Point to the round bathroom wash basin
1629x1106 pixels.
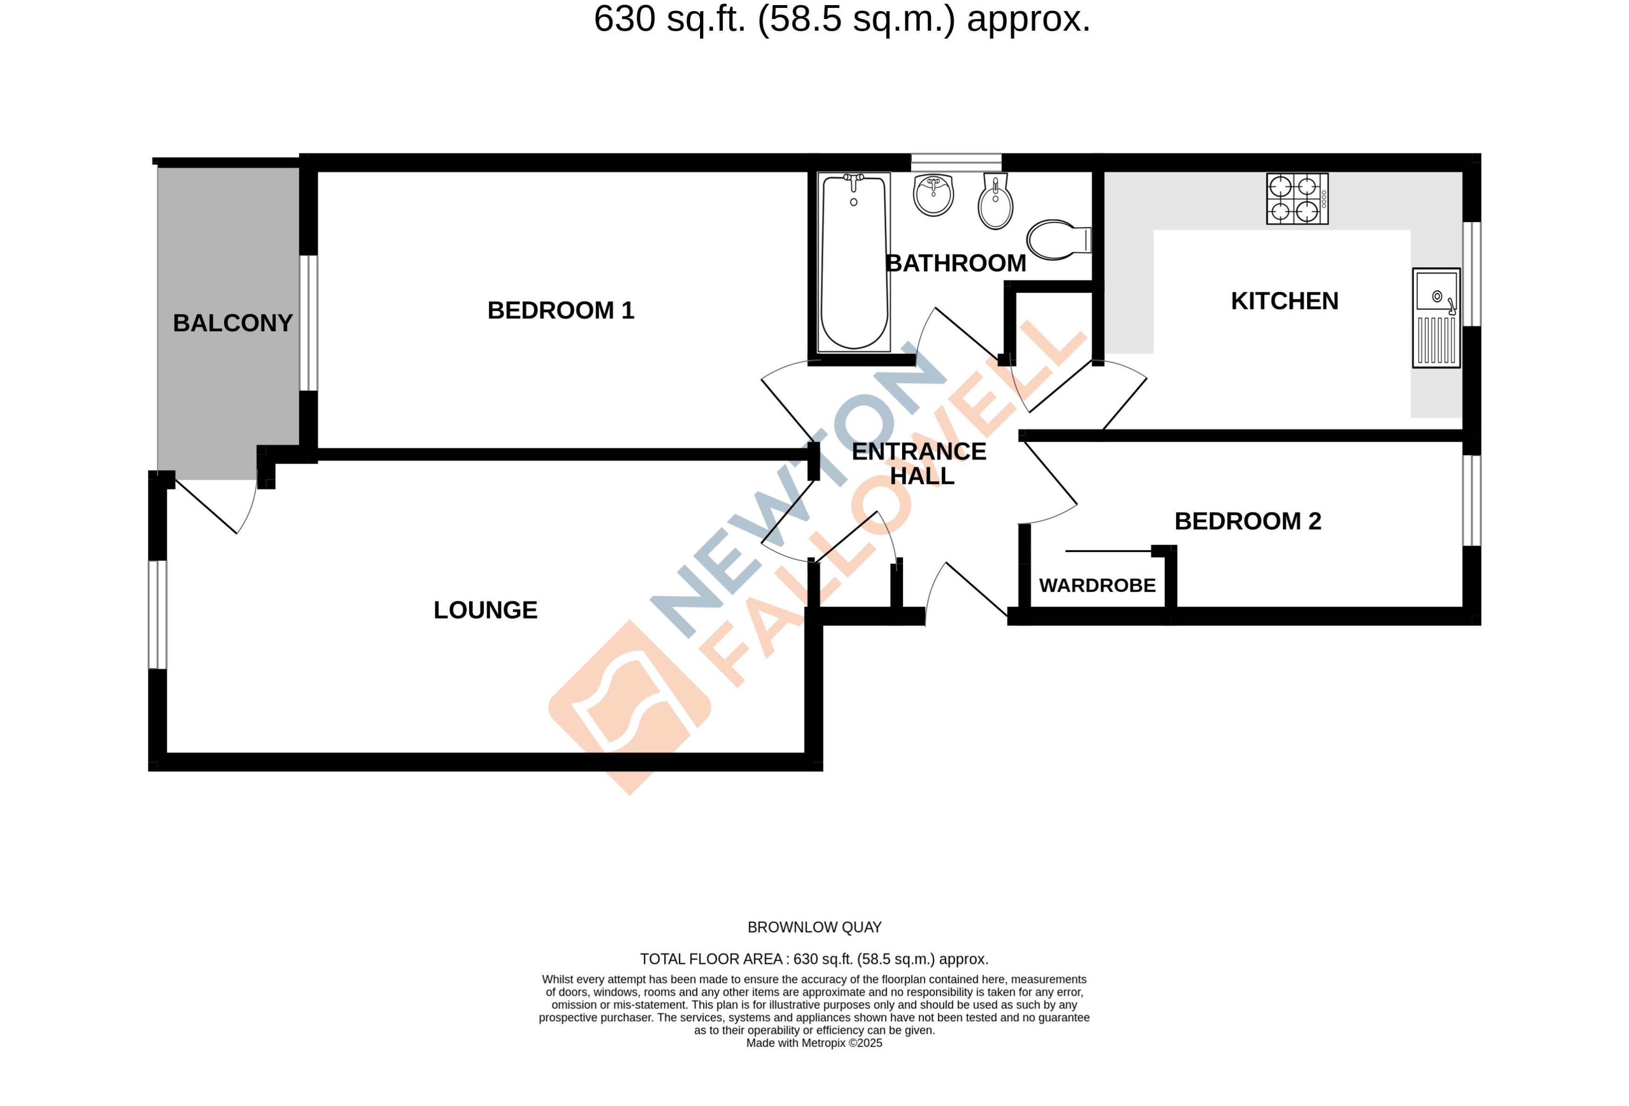pos(934,195)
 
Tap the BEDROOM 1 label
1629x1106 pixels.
pos(561,310)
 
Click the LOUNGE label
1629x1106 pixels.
pos(485,610)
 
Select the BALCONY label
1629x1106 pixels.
pos(233,323)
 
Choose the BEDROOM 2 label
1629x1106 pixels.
pos(1248,521)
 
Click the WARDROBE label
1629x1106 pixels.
pos(1097,585)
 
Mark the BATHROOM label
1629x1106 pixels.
pos(956,263)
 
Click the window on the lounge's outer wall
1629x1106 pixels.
pos(158,615)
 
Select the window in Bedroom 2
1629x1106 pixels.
pos(1471,500)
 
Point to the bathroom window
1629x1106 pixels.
pos(956,162)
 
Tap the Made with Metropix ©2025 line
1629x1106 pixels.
pos(814,1043)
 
